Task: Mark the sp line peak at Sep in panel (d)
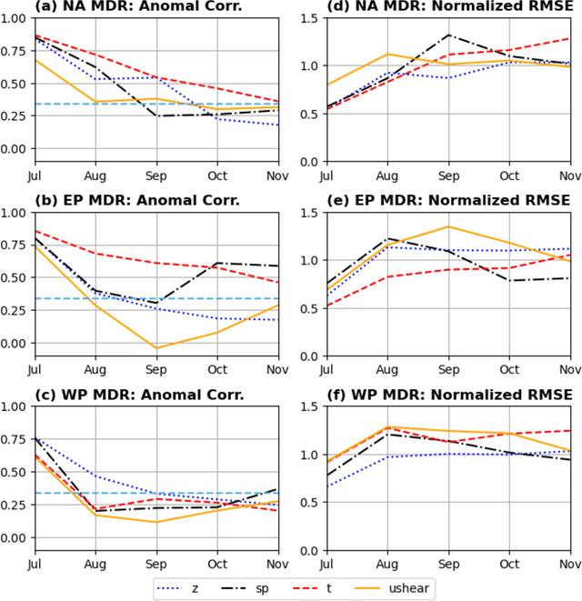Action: point(448,35)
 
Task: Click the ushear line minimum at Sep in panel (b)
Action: point(156,348)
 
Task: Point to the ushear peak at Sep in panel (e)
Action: point(448,226)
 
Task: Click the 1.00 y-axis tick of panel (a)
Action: point(15,18)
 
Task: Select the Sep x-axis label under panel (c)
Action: point(156,565)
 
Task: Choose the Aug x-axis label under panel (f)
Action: point(387,565)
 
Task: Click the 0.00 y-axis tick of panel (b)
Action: point(15,343)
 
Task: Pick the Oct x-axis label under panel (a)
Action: point(217,175)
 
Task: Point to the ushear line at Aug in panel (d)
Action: point(387,54)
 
